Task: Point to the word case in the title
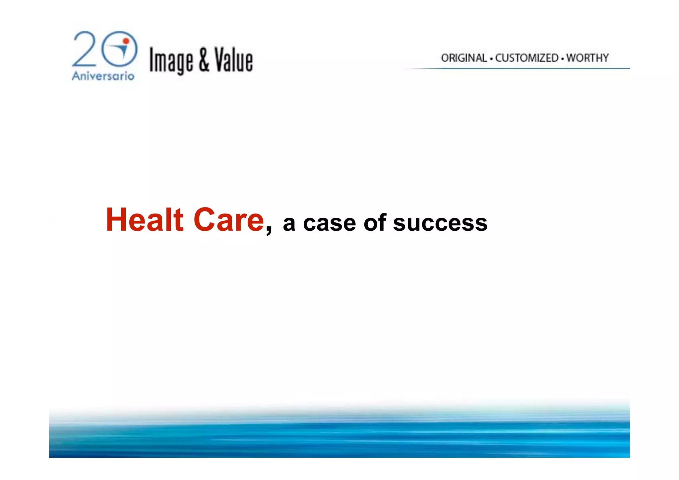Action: coord(330,223)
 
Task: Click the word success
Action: coord(440,223)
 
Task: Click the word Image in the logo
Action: coord(171,61)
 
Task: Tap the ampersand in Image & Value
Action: coord(204,60)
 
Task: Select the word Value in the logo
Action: coord(233,60)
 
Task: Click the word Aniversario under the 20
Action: coord(103,76)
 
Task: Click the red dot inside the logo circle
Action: coord(126,41)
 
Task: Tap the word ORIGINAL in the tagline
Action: coord(464,58)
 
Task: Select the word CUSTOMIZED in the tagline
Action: coord(527,58)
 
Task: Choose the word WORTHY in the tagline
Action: coord(587,58)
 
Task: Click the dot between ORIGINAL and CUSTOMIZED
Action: coord(491,59)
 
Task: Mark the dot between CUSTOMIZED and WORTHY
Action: coord(563,59)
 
